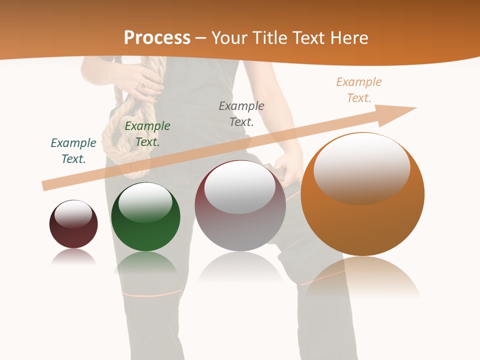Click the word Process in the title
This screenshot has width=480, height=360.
click(157, 38)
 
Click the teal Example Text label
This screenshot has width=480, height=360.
click(73, 151)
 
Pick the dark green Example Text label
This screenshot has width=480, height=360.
click(147, 134)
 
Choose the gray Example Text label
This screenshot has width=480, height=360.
click(241, 114)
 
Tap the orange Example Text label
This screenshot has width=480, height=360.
click(359, 90)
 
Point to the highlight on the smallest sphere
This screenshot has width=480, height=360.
click(73, 214)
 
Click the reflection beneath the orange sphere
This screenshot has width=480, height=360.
click(362, 277)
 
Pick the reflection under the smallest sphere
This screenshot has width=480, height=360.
click(73, 257)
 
